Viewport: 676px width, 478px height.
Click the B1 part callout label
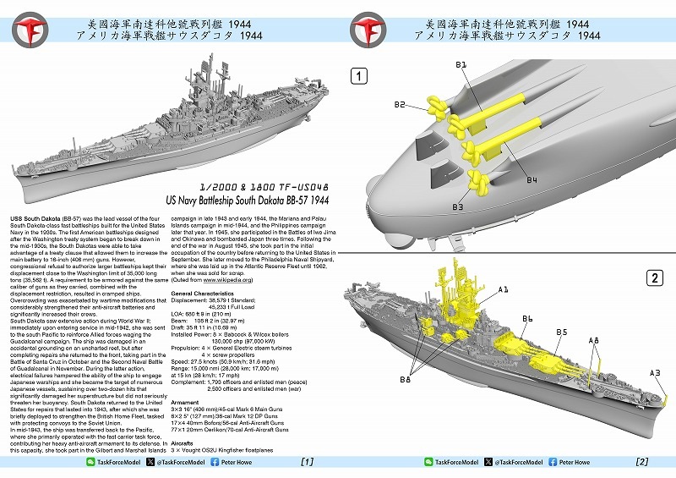[461, 65]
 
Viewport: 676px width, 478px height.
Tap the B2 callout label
[401, 105]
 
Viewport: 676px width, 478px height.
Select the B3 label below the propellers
[458, 206]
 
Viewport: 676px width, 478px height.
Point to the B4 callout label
[532, 180]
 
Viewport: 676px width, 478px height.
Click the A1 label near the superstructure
[504, 289]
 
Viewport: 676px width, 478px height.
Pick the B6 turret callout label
[527, 319]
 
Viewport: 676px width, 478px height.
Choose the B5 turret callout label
[562, 332]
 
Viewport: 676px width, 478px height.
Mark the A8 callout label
[594, 340]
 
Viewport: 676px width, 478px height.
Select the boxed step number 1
[360, 76]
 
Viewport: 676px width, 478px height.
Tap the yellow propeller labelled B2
[437, 106]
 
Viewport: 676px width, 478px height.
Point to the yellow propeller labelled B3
[478, 182]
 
